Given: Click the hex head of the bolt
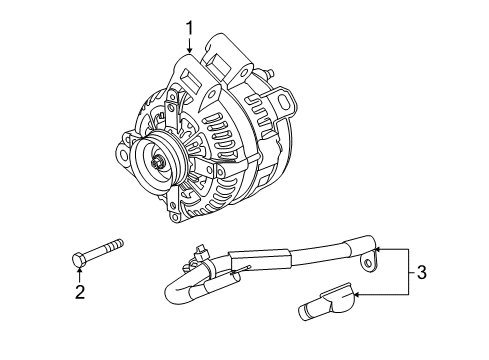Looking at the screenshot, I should tap(80, 260).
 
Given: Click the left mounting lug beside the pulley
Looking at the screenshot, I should tap(123, 155).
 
